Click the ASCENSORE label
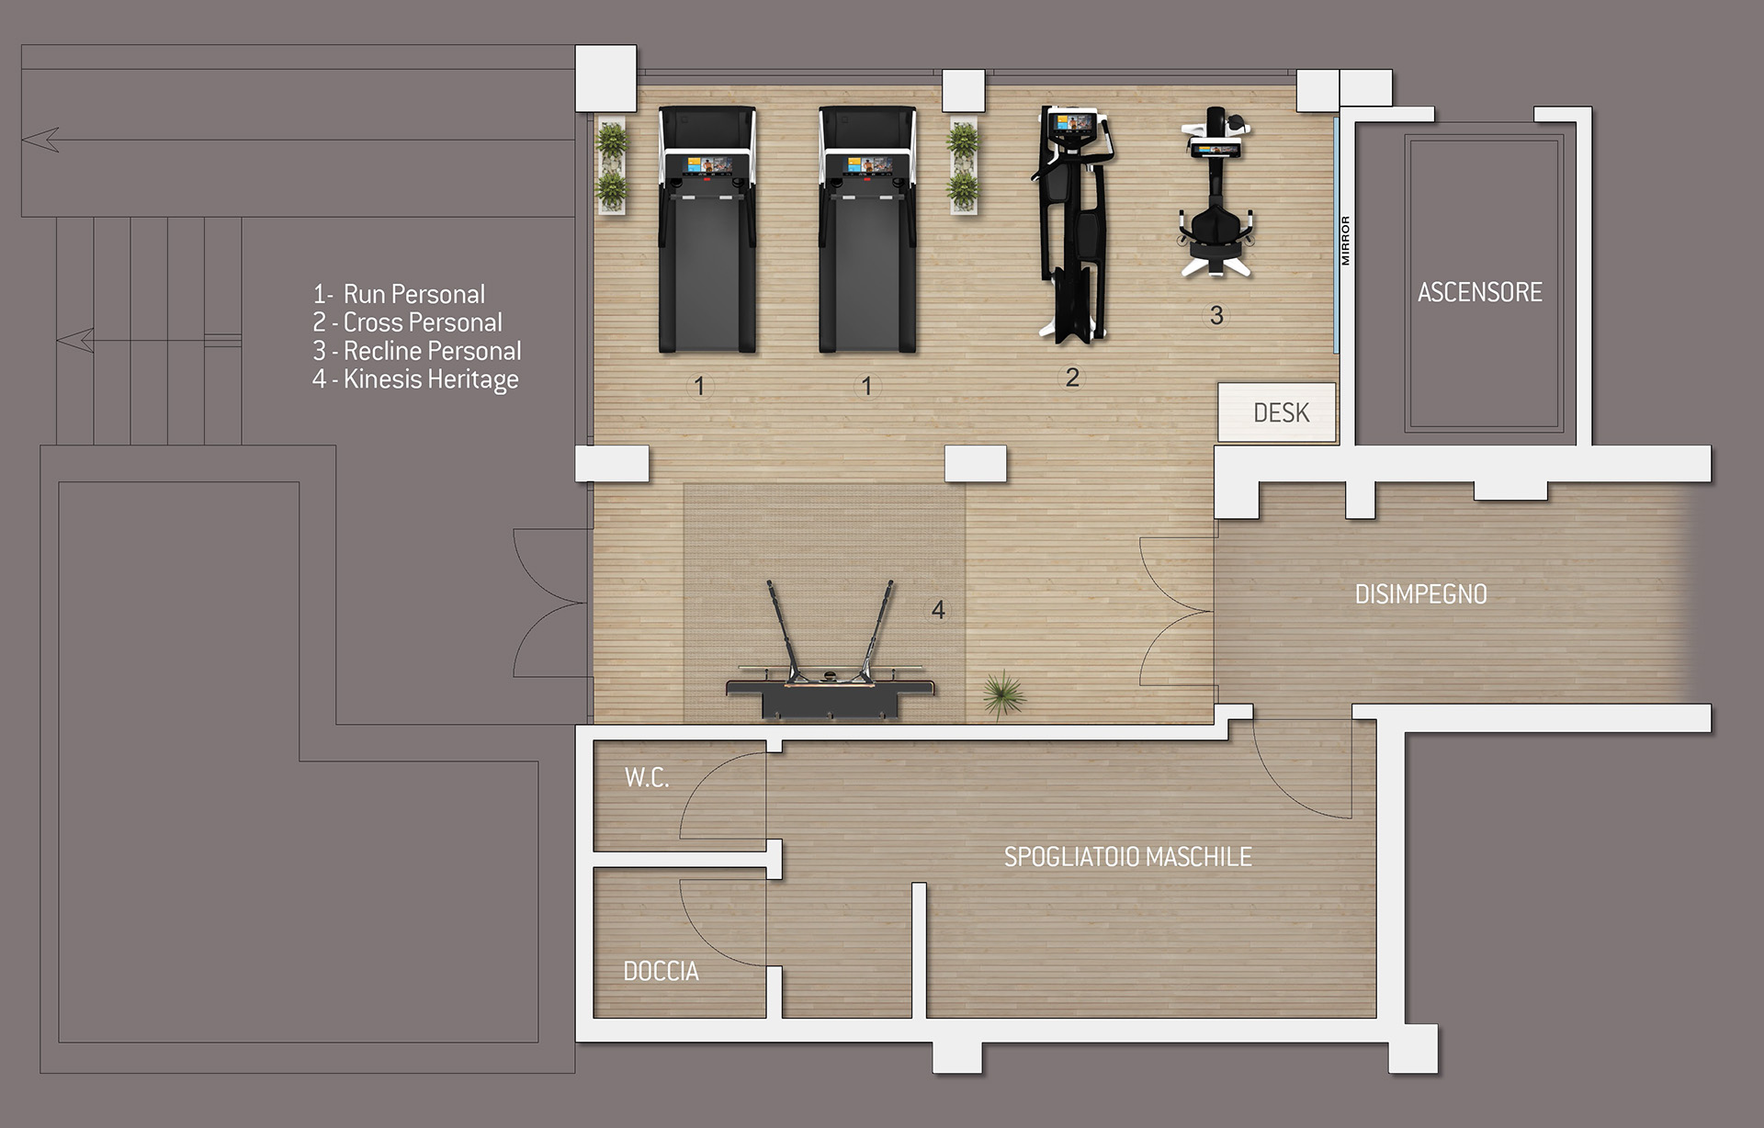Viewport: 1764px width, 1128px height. pos(1479,292)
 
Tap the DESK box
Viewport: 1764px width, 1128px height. pos(1277,412)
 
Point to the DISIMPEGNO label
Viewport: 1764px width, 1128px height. pos(1420,594)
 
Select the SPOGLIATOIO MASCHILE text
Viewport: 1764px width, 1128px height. pos(1127,857)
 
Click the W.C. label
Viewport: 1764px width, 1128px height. pos(647,778)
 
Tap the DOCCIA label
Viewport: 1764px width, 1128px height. pos(661,971)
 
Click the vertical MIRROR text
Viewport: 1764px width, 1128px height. pos(1345,241)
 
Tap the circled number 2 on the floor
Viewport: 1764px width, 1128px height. pos(1072,378)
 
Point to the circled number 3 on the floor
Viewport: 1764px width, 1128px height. pos(1216,316)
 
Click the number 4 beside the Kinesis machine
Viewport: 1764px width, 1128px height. pos(938,609)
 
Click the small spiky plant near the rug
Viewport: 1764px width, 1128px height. pos(1003,692)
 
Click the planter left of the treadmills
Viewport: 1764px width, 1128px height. pos(612,165)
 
